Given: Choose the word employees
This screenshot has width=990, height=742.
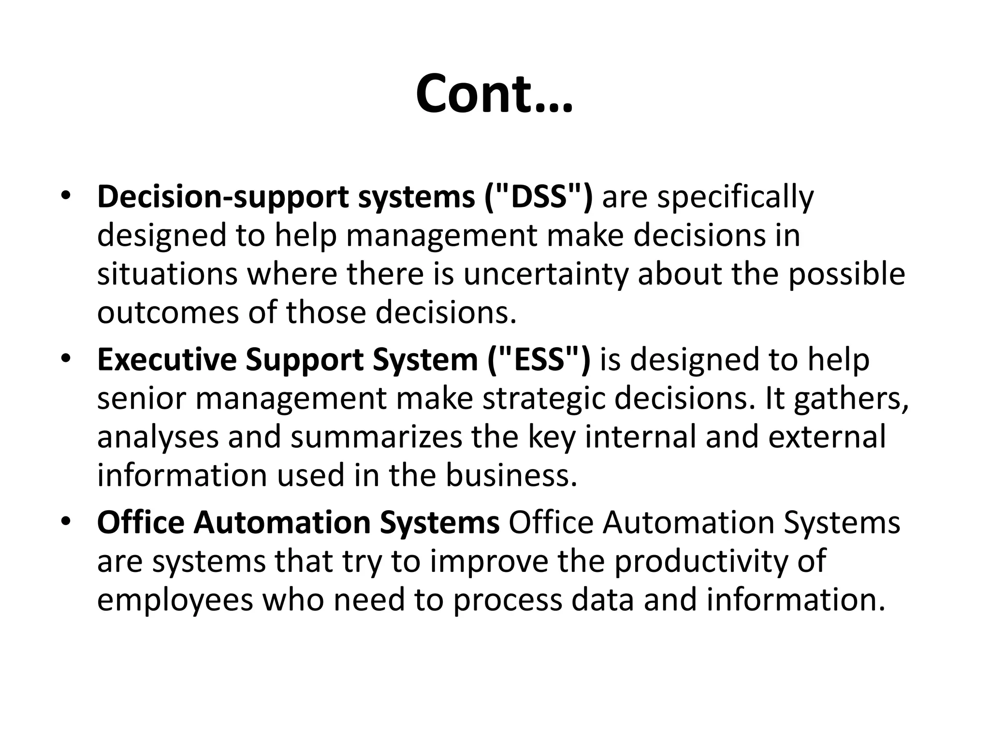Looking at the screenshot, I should pos(175,600).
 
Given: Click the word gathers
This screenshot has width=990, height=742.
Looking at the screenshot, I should pos(851,399).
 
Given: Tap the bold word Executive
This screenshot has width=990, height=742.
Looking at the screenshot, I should pos(167,360).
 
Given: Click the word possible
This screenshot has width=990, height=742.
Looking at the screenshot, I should pos(846,275).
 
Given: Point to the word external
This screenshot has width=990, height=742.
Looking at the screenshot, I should pos(827,437).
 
